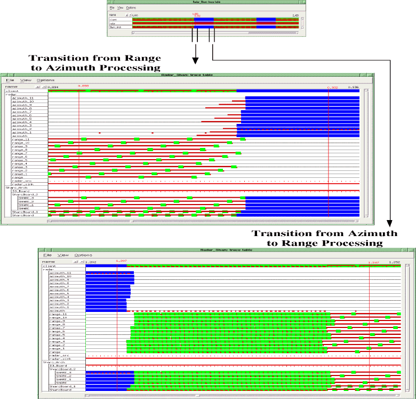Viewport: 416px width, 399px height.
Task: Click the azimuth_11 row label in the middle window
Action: (25, 98)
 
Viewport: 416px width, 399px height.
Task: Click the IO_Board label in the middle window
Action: (20, 191)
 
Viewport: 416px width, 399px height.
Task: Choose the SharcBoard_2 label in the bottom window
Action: (60, 369)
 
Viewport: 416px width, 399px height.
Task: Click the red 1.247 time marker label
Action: (373, 262)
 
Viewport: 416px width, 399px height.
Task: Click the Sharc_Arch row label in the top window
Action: (116, 27)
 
